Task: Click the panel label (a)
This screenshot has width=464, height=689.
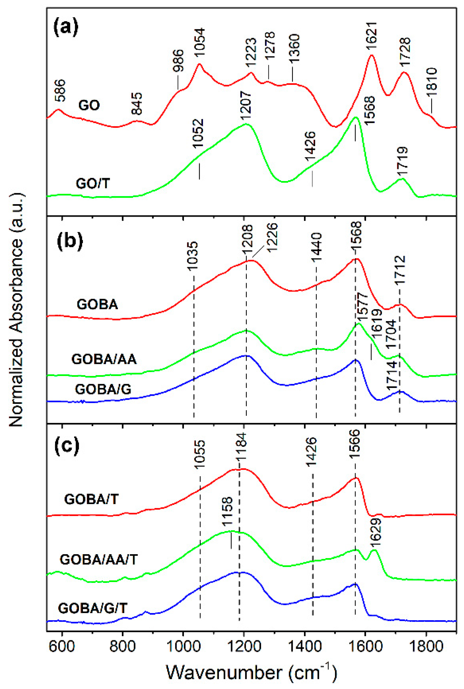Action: pos(66,28)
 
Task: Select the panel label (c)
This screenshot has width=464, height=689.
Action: pos(67,445)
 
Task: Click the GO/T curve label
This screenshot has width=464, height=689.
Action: pos(93,184)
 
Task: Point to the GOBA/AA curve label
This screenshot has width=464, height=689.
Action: pos(104,359)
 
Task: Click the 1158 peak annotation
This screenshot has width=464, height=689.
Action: pos(228,516)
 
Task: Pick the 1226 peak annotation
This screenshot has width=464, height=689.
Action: pos(272,237)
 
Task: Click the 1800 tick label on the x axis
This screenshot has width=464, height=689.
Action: pos(426,646)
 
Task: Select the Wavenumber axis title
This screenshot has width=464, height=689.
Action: pos(251,672)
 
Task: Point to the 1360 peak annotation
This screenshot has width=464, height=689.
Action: pos(295,48)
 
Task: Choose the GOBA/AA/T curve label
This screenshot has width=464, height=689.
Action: pos(98,559)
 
